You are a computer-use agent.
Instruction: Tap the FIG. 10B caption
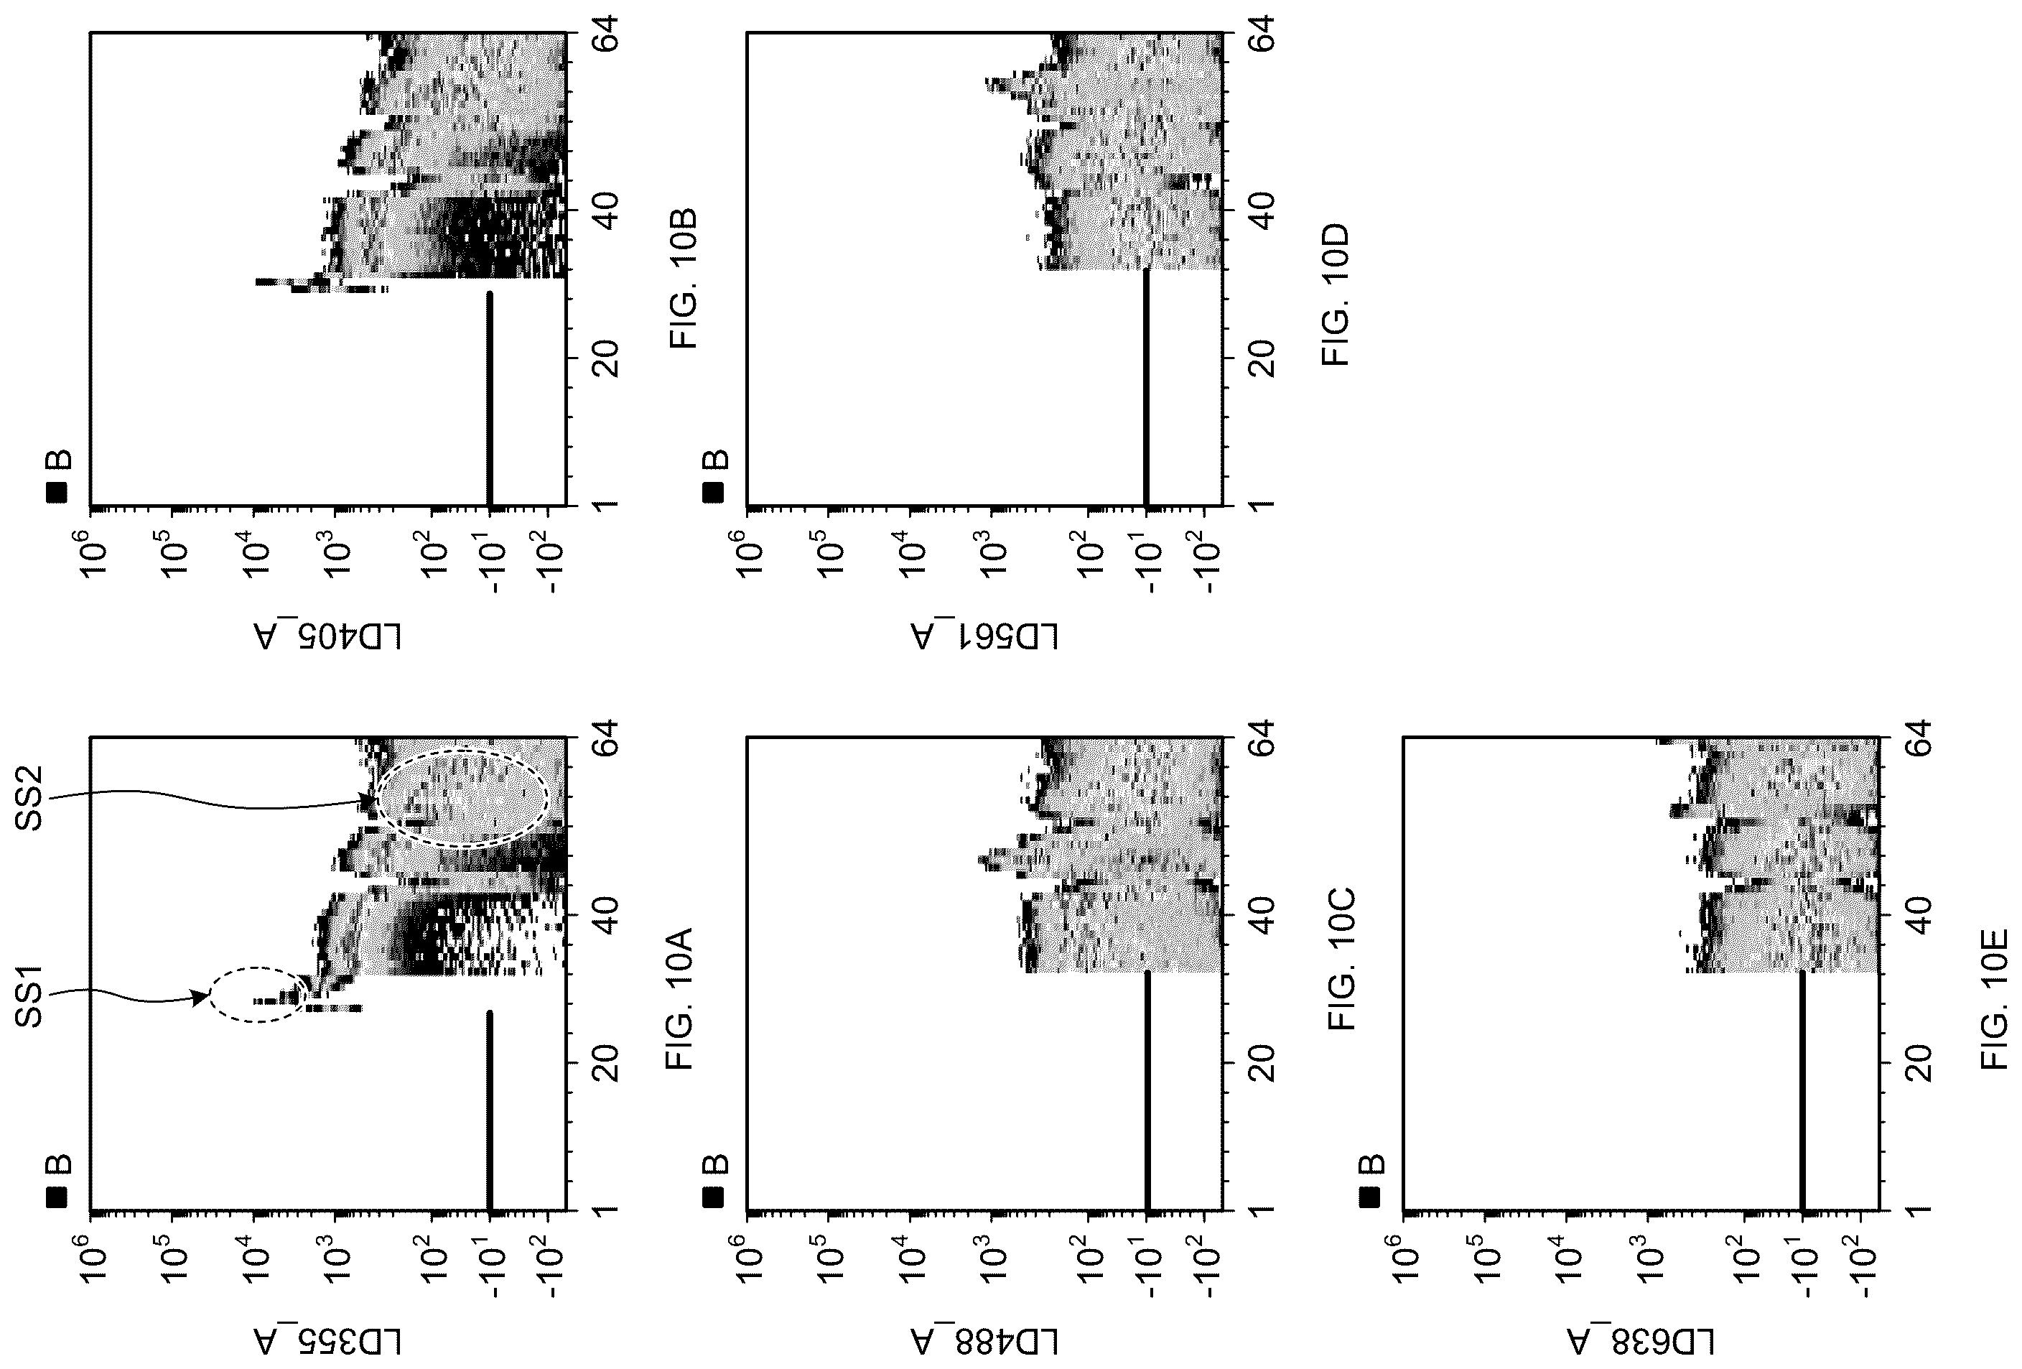pos(683,279)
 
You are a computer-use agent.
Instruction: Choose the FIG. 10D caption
pos(1336,294)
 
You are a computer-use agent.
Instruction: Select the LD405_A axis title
pos(329,636)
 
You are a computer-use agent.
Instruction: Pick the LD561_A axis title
pos(985,636)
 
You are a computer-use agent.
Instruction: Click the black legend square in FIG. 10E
pos(1369,1197)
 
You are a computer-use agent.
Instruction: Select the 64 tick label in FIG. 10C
pos(1262,739)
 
